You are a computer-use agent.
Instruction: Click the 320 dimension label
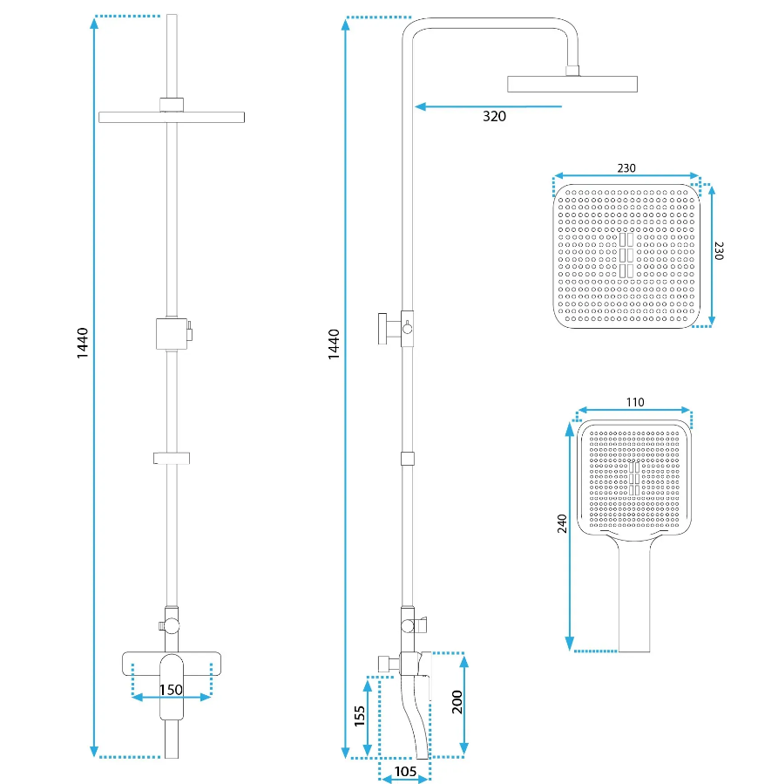494,117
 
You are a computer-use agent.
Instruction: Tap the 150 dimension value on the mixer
171,690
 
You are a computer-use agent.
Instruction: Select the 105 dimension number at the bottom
405,772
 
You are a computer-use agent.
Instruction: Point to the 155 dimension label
360,716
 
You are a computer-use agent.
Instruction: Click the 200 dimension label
457,702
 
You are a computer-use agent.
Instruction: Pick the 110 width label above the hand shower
635,402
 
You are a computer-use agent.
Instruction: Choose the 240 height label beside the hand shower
562,523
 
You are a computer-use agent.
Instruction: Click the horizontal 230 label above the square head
626,168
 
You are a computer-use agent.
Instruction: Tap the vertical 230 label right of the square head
719,251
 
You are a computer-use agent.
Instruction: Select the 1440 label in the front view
83,343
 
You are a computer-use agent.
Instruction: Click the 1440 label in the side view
334,344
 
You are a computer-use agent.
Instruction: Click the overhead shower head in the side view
572,84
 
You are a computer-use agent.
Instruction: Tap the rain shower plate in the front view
172,117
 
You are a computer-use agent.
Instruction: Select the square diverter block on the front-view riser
172,333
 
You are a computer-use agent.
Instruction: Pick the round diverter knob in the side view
408,329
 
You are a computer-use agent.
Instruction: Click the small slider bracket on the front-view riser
172,458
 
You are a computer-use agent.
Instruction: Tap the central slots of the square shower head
626,255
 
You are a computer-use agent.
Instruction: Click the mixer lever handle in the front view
172,687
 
